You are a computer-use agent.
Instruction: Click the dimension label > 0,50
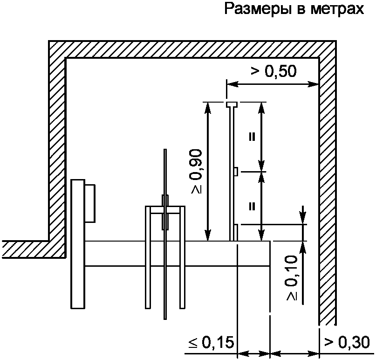(x=273, y=71)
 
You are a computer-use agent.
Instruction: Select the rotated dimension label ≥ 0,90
(x=196, y=172)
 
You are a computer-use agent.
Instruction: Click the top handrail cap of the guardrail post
(x=232, y=104)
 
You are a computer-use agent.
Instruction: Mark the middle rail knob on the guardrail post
(x=236, y=172)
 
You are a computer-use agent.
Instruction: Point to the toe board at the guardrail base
(x=236, y=232)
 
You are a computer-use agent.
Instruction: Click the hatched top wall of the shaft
(x=186, y=49)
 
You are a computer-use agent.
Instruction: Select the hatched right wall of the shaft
(x=327, y=187)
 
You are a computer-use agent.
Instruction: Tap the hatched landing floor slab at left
(x=28, y=248)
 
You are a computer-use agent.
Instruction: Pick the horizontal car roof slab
(x=177, y=253)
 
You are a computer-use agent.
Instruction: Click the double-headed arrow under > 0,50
(x=273, y=84)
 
